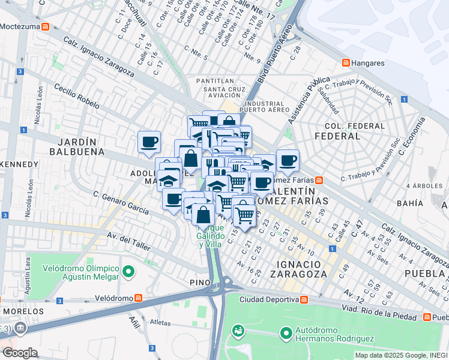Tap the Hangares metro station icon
coord(346,62)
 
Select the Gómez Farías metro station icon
coord(319,180)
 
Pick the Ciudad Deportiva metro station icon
coord(304,299)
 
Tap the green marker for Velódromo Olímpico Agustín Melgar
coord(128,272)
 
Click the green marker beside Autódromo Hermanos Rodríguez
coord(285,331)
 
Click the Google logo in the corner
coord(19,352)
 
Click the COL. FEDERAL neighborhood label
coord(354,131)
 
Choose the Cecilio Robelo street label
coord(76,96)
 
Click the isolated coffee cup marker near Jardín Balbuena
coord(149,142)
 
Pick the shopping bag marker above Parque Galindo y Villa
coord(203,214)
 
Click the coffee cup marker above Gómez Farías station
coord(288,160)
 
